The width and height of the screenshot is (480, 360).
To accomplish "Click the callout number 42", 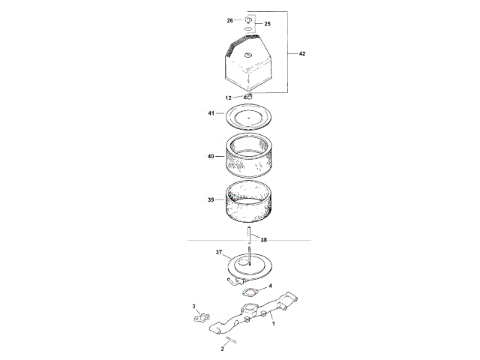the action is [301, 54].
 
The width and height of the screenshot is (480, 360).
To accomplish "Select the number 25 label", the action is [267, 24].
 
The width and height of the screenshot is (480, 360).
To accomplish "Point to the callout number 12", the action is [229, 97].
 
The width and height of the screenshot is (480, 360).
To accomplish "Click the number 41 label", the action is [212, 113].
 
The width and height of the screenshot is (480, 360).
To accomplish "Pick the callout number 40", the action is [211, 156].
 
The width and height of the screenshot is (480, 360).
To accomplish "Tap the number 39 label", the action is [211, 199].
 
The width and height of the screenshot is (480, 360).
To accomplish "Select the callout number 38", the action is [262, 240].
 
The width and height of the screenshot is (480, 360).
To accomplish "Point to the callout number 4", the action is [270, 286].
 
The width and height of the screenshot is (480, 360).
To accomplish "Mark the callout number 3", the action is [193, 307].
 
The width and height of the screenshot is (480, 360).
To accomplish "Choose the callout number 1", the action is [274, 323].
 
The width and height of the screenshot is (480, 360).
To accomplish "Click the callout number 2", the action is [222, 349].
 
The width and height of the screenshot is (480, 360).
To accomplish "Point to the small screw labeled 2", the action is [232, 341].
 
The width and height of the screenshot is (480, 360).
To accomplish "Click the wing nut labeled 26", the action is [248, 18].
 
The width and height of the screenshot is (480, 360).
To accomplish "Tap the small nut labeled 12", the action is [249, 95].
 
